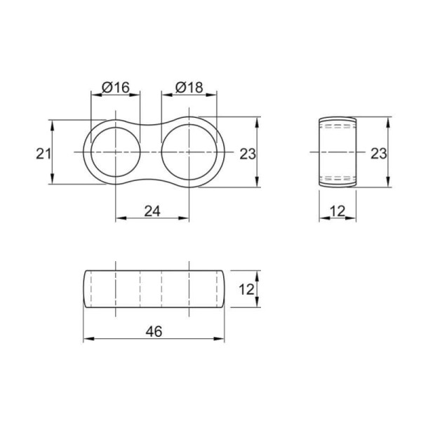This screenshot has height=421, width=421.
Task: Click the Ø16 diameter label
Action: click(116, 87)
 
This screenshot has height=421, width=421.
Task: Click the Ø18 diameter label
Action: click(189, 87)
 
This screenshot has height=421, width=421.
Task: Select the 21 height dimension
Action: click(44, 154)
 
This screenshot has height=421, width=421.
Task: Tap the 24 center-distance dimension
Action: click(152, 210)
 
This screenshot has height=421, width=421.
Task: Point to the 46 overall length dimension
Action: click(154, 331)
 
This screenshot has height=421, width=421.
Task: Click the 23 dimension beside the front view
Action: click(248, 154)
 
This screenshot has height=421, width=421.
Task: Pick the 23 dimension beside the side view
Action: click(379, 154)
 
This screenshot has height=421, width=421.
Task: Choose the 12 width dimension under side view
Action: click(338, 211)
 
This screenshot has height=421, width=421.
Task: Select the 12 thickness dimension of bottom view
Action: click(246, 289)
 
